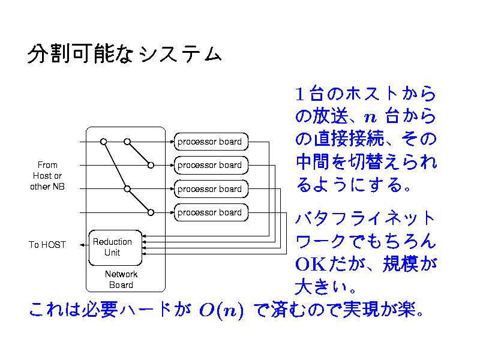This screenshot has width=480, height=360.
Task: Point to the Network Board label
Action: pyautogui.click(x=121, y=280)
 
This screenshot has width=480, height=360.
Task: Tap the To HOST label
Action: pyautogui.click(x=47, y=245)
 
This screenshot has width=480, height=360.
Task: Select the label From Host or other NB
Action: pyautogui.click(x=47, y=175)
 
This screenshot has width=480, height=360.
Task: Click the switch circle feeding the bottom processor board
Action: pyautogui.click(x=151, y=212)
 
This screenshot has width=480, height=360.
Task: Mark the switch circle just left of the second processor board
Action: pyautogui.click(x=151, y=165)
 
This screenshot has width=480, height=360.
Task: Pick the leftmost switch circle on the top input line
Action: pyautogui.click(x=103, y=142)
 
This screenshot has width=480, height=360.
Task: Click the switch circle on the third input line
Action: pyautogui.click(x=127, y=189)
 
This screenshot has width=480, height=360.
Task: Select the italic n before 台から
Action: pyautogui.click(x=370, y=116)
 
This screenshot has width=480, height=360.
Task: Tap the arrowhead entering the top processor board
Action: pyautogui.click(x=172, y=142)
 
